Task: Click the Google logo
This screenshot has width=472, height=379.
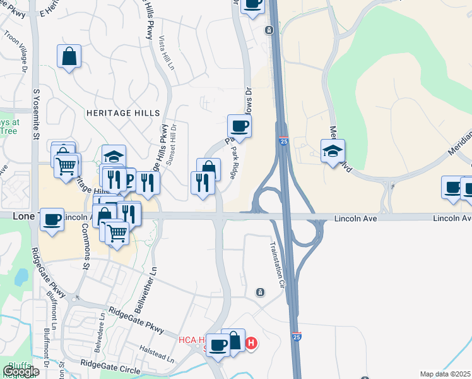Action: point(21,371)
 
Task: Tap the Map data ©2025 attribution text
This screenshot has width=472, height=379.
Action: point(445,374)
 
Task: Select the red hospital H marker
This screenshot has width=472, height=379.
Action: point(251,344)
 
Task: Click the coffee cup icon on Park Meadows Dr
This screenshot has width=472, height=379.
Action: point(239,125)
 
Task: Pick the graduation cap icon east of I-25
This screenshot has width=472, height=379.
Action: point(333,150)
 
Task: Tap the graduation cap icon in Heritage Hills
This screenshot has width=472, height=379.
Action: point(114,156)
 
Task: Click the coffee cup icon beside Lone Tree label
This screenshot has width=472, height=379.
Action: point(52,219)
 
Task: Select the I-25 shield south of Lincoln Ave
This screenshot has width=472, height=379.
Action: point(297,337)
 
